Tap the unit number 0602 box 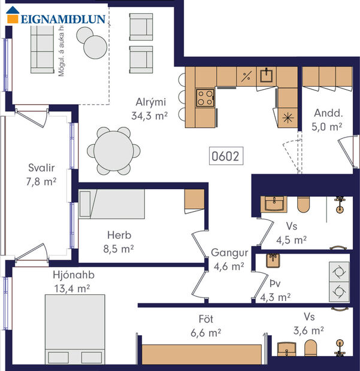[x=225, y=157]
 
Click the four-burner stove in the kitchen [x=205, y=97]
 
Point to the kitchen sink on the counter [x=267, y=76]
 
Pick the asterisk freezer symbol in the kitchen [x=288, y=117]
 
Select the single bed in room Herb [x=113, y=205]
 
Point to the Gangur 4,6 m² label [x=228, y=259]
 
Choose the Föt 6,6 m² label [x=205, y=325]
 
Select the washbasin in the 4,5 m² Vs [x=276, y=205]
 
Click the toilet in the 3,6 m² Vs [x=310, y=348]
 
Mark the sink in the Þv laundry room [x=273, y=260]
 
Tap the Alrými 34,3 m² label [x=149, y=108]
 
